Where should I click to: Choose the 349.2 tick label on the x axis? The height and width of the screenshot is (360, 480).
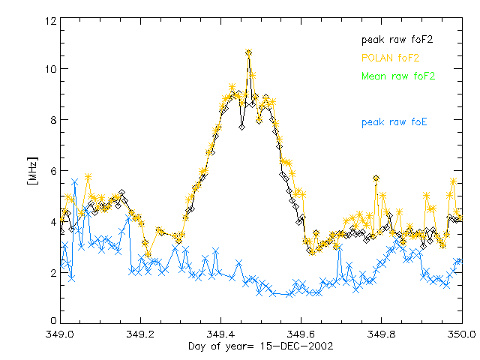tap(140, 335)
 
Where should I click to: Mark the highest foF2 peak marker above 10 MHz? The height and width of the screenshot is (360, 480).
tap(248, 52)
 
